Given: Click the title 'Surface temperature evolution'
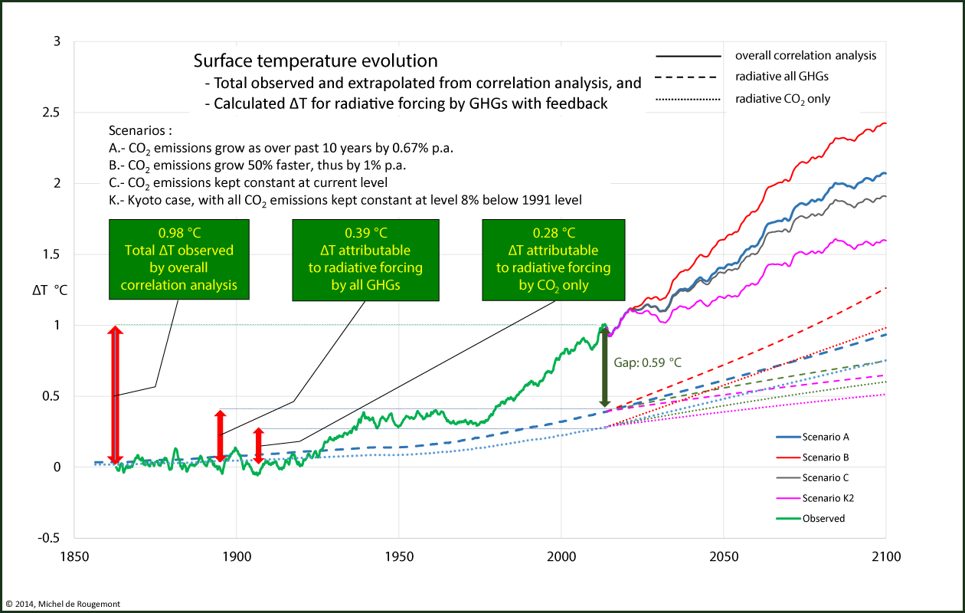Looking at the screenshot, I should click(316, 61).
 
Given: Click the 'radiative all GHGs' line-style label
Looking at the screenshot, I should click(782, 77).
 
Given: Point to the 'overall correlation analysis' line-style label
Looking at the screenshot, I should click(805, 56).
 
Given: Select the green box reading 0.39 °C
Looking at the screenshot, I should click(366, 260).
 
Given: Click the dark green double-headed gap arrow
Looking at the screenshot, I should click(604, 367).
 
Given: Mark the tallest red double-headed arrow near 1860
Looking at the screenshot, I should click(115, 395).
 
